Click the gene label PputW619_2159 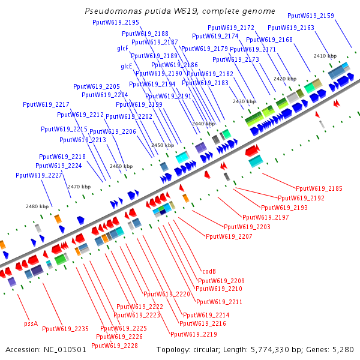(311, 16)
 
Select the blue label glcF (122, 48)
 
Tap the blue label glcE (127, 66)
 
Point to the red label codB (209, 271)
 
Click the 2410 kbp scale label (325, 56)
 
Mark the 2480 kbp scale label (37, 206)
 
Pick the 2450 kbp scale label (162, 145)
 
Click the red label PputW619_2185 (319, 188)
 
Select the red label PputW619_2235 (65, 328)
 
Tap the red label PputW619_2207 (229, 236)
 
